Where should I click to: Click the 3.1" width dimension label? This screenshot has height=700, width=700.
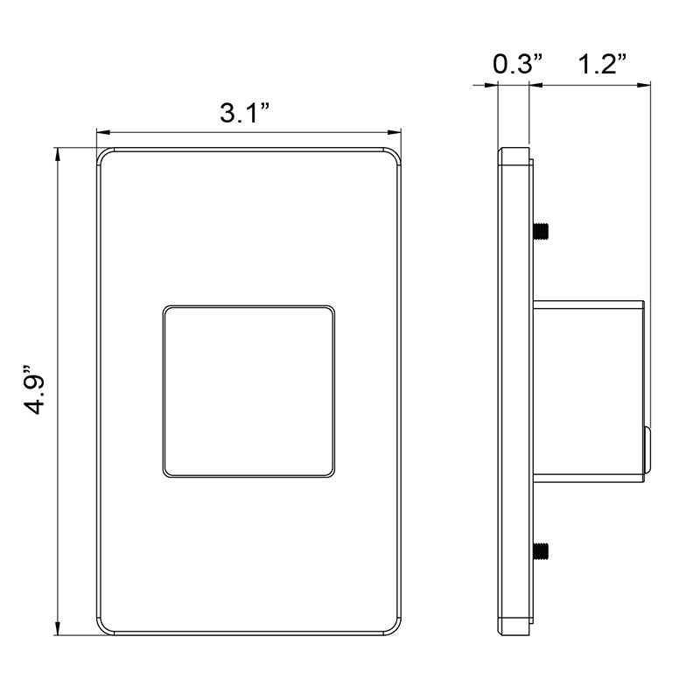click(x=245, y=113)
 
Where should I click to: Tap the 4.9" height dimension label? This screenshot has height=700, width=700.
click(x=35, y=390)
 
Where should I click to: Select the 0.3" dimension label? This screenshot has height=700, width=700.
click(x=518, y=64)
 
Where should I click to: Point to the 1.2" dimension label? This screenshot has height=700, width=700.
click(x=602, y=64)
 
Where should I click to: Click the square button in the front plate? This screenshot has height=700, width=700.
click(x=248, y=391)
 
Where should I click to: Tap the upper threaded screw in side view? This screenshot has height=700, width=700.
click(x=541, y=231)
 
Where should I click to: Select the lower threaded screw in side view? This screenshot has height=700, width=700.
click(x=541, y=551)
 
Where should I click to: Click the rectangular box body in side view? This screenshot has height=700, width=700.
click(x=589, y=391)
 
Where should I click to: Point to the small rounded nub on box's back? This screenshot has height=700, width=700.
click(x=647, y=449)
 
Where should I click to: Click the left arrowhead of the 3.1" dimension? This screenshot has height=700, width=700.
click(x=103, y=132)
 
